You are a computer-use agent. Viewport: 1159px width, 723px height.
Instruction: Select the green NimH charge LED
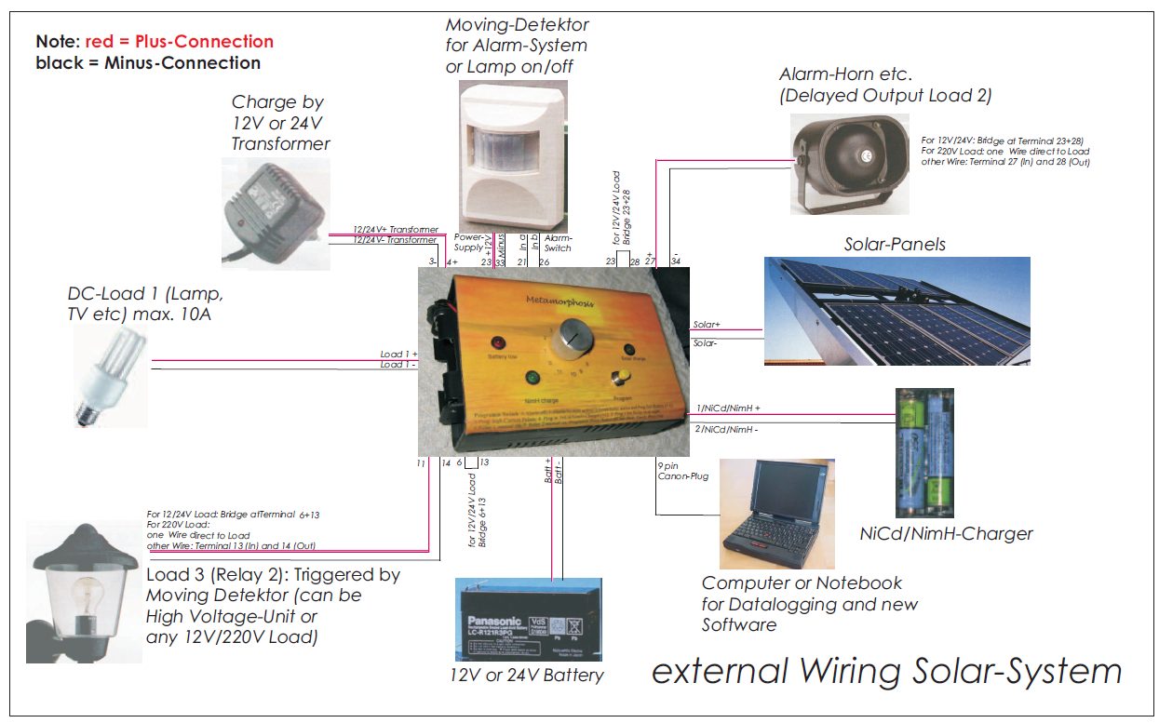tap(532, 379)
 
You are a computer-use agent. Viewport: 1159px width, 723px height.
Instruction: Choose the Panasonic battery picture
tap(527, 619)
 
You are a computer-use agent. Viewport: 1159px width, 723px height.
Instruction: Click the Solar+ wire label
tap(707, 325)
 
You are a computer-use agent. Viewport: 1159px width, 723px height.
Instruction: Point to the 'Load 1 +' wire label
tap(398, 355)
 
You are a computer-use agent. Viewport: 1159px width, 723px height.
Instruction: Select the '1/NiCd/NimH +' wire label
tap(728, 408)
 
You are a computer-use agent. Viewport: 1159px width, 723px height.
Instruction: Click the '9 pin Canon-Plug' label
tap(682, 470)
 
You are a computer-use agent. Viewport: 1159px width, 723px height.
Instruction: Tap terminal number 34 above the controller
tap(676, 261)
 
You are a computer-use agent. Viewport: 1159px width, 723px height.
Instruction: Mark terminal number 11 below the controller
tap(421, 462)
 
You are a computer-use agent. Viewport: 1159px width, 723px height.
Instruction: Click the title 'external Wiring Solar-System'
tap(886, 671)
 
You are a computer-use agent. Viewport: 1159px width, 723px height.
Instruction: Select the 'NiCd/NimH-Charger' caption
tap(946, 534)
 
